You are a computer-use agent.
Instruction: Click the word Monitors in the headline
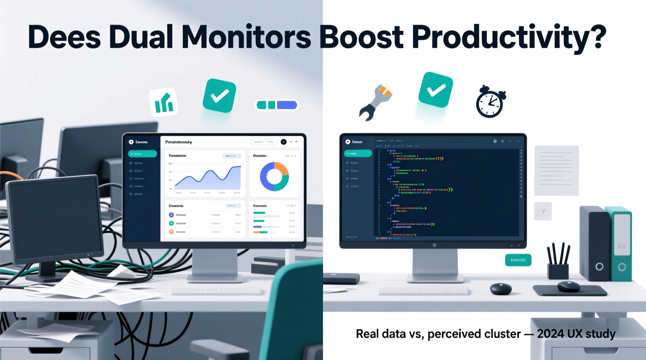point(246,37)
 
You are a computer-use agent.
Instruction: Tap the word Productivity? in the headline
point(509,37)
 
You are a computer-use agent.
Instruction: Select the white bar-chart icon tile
point(163,102)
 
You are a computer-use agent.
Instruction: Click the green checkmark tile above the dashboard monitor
point(219,95)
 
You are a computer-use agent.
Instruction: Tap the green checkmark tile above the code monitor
point(436,90)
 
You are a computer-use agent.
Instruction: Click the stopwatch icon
point(490,102)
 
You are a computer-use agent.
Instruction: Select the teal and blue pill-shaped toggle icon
point(276,105)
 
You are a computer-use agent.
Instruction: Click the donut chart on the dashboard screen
point(274,177)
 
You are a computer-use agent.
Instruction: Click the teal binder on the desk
point(620,244)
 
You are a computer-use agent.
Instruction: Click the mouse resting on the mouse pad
point(568,287)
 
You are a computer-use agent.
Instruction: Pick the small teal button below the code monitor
point(518,260)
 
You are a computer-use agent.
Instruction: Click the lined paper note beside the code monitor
point(556,170)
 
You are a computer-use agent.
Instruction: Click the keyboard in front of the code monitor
point(423,291)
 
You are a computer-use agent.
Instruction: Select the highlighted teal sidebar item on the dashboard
point(142,154)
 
